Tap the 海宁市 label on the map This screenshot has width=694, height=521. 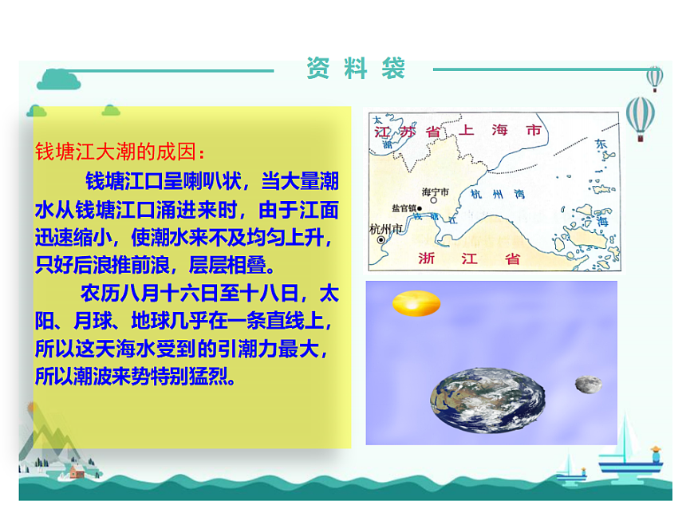pos(435,191)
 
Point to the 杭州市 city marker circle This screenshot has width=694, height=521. pos(381,239)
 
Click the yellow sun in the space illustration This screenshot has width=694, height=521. pos(416,303)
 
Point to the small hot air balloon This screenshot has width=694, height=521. pos(654,77)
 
